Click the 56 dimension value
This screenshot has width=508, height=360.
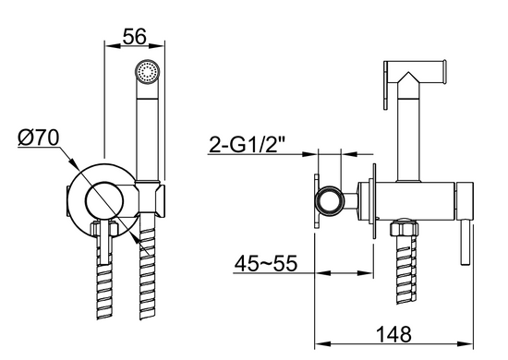click(x=135, y=36)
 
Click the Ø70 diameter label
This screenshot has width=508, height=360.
click(x=39, y=138)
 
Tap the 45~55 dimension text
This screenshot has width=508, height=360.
click(x=266, y=263)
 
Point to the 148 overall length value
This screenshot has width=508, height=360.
click(x=394, y=334)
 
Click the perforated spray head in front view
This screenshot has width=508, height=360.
click(x=148, y=72)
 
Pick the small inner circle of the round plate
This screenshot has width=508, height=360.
click(x=104, y=199)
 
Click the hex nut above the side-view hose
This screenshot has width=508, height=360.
click(x=404, y=228)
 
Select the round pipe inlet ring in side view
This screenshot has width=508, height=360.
click(x=330, y=201)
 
